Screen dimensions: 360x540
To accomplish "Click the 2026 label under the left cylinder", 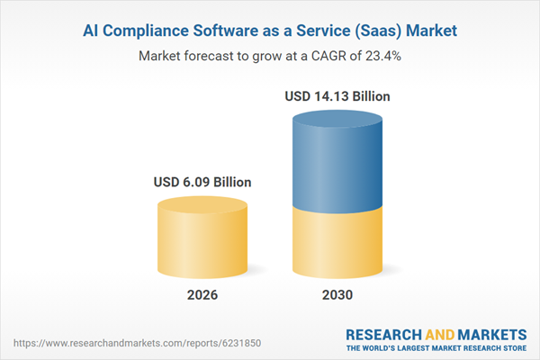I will point(202,294).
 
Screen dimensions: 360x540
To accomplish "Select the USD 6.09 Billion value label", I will point(202,182).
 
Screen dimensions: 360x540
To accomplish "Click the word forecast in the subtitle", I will point(209,56).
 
